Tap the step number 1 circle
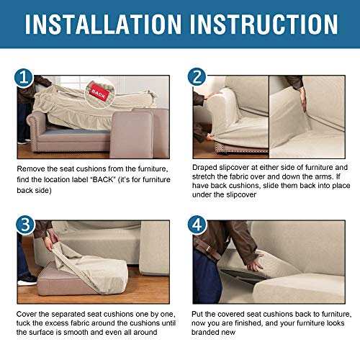tap(24, 78)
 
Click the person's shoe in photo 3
tap(26, 278)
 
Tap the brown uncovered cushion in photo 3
tap(65, 283)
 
